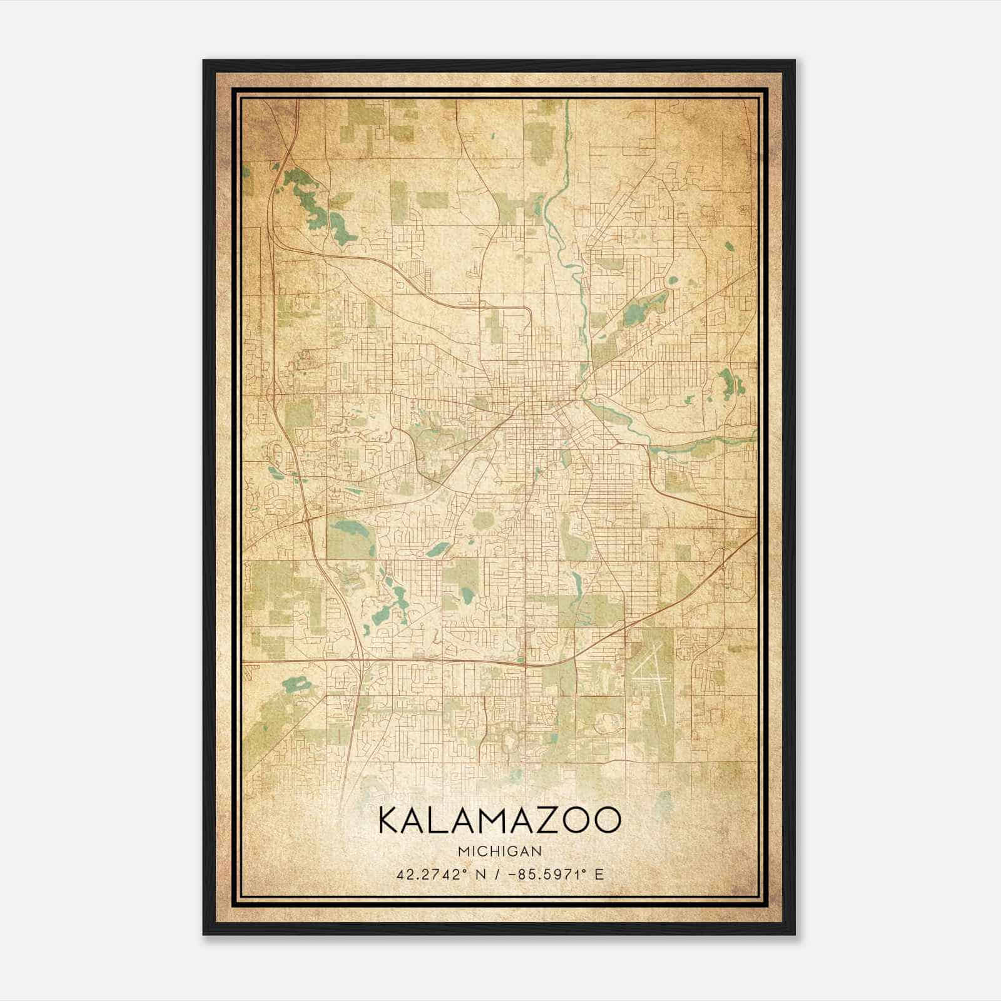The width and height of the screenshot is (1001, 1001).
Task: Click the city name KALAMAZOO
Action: coord(500,821)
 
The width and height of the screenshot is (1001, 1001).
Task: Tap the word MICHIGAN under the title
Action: coord(500,851)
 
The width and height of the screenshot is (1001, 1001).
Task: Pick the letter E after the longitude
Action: coord(599,875)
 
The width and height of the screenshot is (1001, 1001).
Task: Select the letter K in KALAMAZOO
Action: coord(388,821)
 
